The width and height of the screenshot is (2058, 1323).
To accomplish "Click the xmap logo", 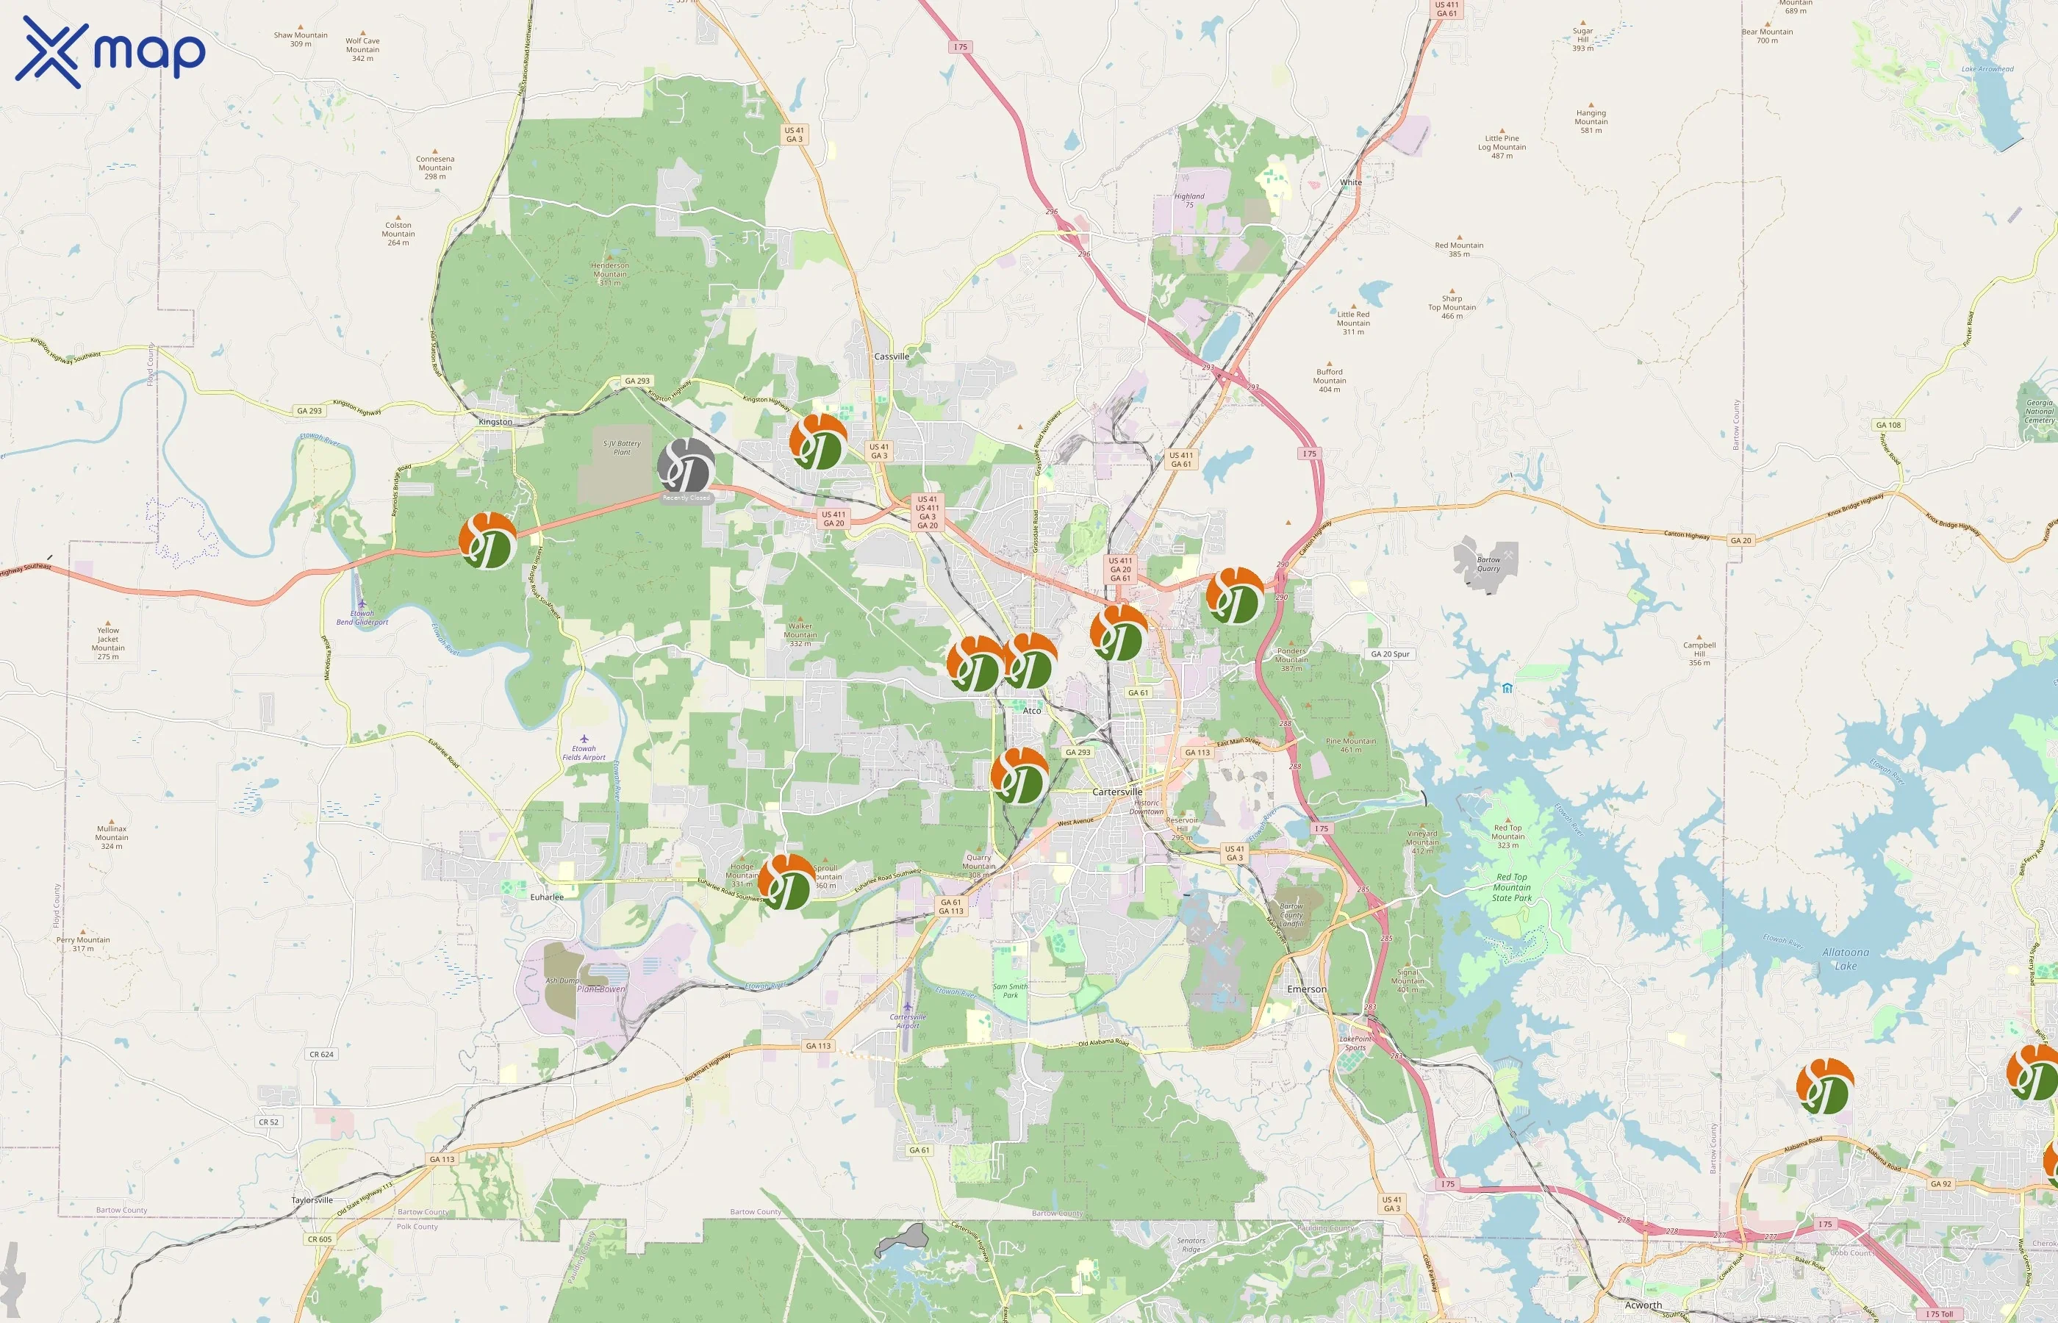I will [110, 51].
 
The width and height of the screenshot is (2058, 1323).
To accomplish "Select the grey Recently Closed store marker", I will [686, 467].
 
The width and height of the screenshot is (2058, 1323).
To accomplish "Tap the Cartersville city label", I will [1116, 791].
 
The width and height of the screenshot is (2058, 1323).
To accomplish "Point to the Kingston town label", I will [495, 422].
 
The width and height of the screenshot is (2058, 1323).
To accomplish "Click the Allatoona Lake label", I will [1845, 958].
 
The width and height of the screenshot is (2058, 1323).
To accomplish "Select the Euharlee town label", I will [546, 897].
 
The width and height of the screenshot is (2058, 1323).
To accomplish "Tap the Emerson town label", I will [1306, 989].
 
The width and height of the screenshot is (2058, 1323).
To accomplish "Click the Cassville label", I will [891, 356].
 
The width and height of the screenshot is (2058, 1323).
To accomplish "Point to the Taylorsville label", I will [312, 1200].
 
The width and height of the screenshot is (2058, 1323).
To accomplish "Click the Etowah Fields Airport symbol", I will [584, 739].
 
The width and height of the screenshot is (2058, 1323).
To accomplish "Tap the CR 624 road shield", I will [321, 1054].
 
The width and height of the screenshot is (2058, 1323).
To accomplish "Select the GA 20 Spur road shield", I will [1390, 653].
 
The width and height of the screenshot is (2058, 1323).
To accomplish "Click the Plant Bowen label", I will [601, 989].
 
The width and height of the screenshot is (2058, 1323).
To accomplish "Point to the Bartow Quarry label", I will [1488, 564].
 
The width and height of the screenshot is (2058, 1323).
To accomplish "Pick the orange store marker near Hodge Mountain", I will [786, 882].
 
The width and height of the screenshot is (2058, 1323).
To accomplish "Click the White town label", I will [1350, 182].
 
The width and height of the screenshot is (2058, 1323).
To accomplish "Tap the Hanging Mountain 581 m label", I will [1590, 121].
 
